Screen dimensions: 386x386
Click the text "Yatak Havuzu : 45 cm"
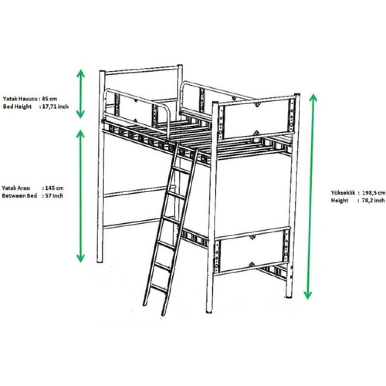click(x=30, y=99)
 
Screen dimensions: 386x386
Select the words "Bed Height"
click(x=17, y=107)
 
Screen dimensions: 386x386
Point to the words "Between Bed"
click(x=19, y=196)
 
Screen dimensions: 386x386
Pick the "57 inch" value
click(x=54, y=196)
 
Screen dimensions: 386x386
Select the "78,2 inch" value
click(x=373, y=200)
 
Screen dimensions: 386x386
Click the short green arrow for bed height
click(x=81, y=94)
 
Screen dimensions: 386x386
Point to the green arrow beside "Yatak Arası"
click(x=81, y=196)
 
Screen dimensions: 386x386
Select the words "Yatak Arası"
click(x=16, y=188)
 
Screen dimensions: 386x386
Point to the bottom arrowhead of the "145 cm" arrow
click(x=81, y=258)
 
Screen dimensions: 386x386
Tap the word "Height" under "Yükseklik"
click(x=340, y=200)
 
